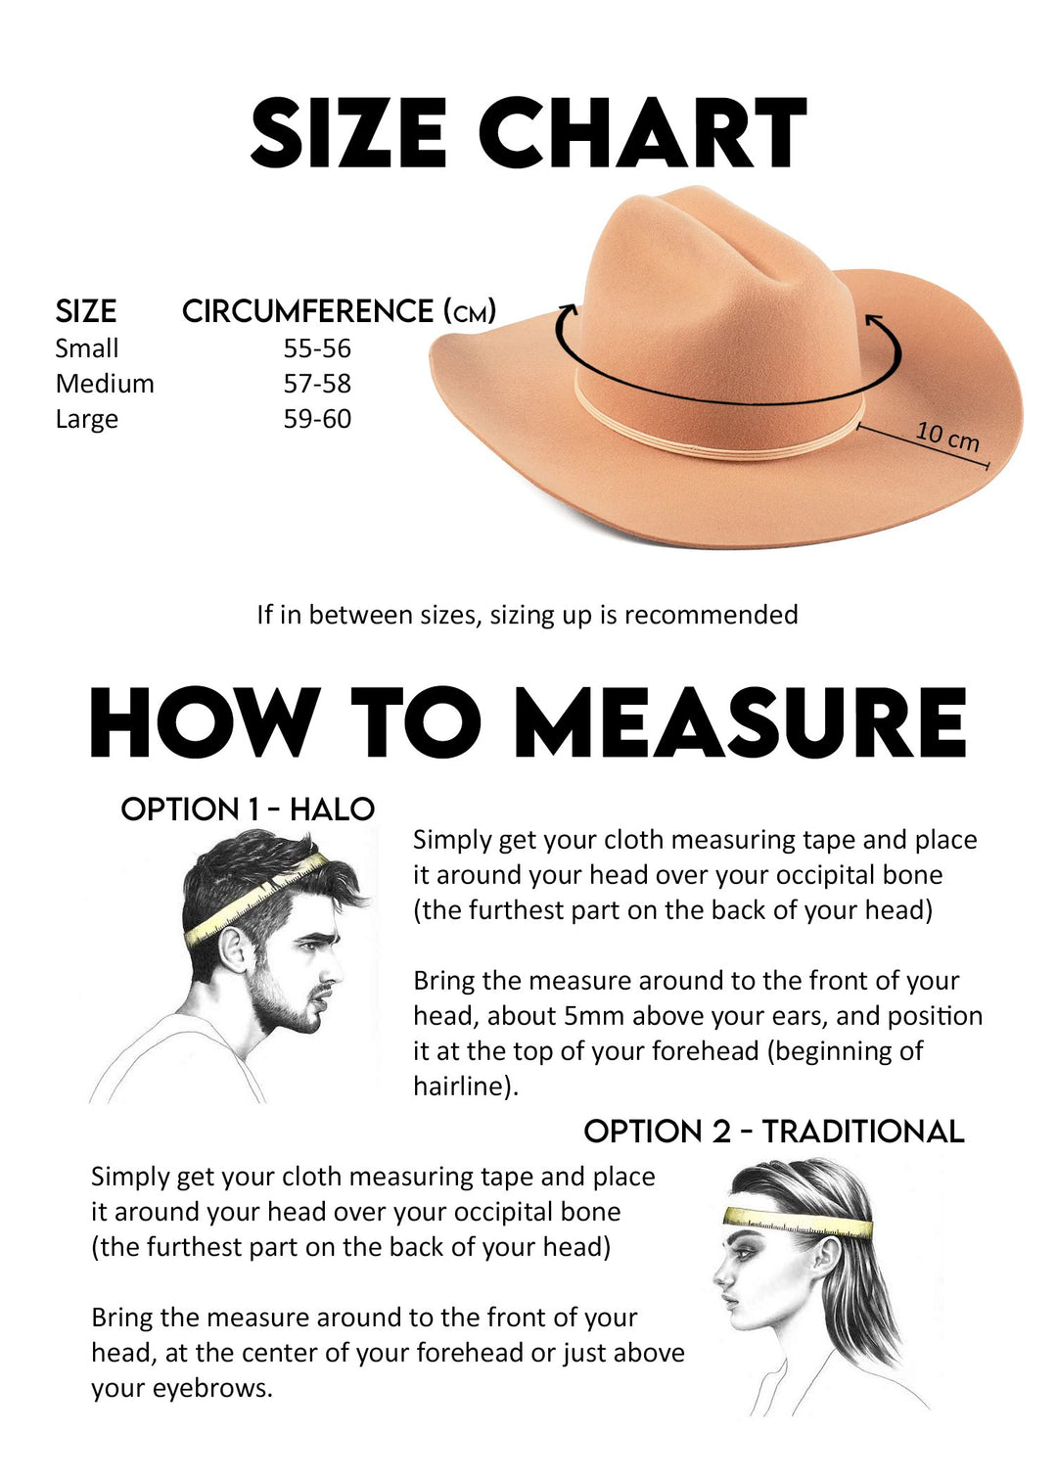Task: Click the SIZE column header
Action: click(x=86, y=311)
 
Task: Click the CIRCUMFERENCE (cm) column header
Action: click(x=339, y=311)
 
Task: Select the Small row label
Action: click(x=86, y=348)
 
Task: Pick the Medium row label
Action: click(x=105, y=384)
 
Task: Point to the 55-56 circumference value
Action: click(x=317, y=348)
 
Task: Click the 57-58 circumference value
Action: click(x=317, y=384)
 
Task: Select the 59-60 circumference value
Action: click(x=317, y=418)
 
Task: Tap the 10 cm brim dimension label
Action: click(x=947, y=437)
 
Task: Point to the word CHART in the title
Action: click(x=642, y=131)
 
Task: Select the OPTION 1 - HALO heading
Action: click(x=248, y=809)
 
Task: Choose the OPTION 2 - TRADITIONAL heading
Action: click(x=773, y=1131)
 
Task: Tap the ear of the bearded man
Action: click(x=236, y=949)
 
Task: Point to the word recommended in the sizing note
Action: click(x=711, y=615)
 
